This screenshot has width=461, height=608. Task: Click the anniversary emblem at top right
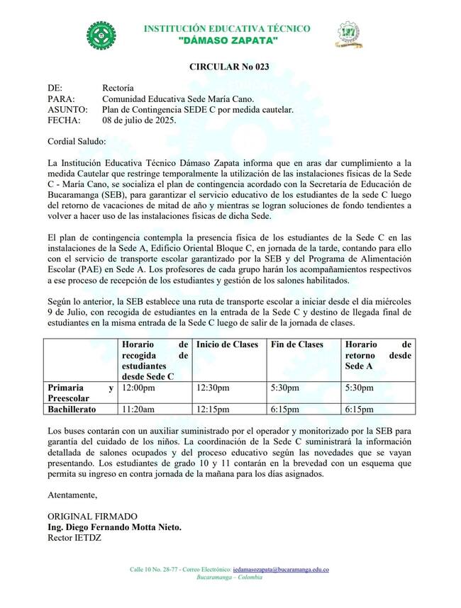pos(348,34)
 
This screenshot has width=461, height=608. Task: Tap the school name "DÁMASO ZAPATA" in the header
pos(227,43)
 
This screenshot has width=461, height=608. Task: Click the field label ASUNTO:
pos(67,110)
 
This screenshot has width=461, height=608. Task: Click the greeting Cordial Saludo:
pos(77,142)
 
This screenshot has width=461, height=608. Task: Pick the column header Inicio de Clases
pos(226,345)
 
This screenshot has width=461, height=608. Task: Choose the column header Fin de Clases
pos(297,345)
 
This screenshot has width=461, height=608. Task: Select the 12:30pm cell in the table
pos(213,388)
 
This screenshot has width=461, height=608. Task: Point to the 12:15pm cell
pos(213,409)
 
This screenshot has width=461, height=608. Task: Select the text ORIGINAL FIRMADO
pos(92,516)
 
